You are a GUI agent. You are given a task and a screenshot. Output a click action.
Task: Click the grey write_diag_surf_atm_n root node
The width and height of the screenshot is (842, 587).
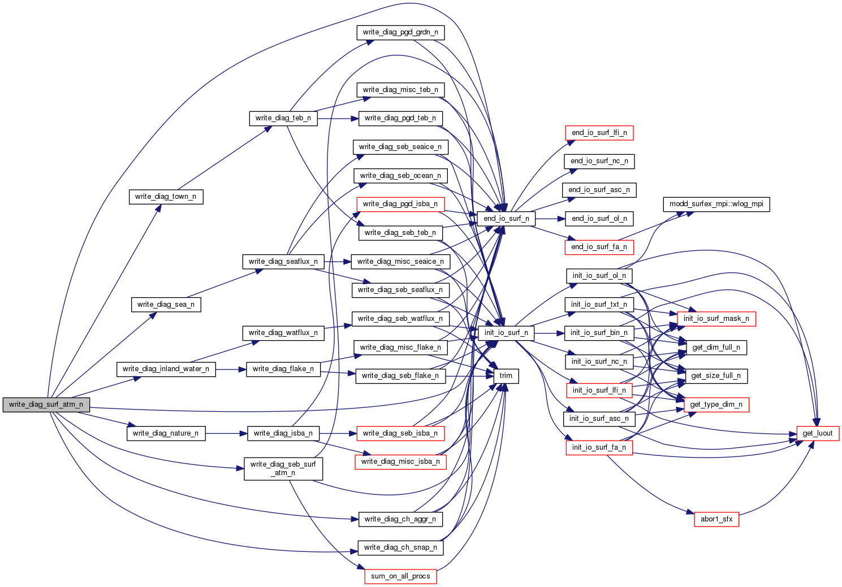(x=46, y=405)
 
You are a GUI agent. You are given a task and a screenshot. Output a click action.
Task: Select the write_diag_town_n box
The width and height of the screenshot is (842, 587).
(x=166, y=197)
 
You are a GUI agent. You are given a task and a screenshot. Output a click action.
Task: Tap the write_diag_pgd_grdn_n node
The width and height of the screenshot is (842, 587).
(x=400, y=32)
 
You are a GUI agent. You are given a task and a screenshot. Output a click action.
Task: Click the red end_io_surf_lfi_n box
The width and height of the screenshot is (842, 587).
(x=599, y=133)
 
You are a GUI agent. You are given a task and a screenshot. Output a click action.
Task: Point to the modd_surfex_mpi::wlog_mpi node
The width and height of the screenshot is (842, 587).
(x=716, y=204)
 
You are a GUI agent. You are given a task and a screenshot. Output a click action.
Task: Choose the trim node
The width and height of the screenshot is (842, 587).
(x=506, y=376)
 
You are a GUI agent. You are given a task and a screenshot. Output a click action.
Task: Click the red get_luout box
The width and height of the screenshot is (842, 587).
(x=818, y=433)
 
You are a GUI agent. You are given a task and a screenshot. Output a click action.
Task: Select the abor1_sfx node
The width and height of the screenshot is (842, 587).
(x=716, y=519)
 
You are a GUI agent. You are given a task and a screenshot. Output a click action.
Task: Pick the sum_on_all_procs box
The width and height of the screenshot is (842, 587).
(x=400, y=576)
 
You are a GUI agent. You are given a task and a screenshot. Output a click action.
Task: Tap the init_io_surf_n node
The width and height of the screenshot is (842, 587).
(x=506, y=333)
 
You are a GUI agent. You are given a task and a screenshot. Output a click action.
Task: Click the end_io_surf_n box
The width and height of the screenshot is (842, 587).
(x=506, y=219)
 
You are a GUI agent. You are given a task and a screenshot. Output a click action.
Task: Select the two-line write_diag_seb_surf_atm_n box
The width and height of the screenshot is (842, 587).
(x=283, y=468)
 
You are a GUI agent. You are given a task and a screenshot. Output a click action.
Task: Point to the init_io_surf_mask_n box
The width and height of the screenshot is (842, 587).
(x=716, y=319)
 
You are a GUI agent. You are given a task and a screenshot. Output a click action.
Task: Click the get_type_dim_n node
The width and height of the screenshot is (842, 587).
(x=716, y=405)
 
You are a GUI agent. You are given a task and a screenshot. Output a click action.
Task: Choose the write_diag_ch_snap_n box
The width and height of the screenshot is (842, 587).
(x=400, y=547)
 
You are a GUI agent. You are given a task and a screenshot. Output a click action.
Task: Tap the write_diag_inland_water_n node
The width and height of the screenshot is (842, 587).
(x=166, y=369)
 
